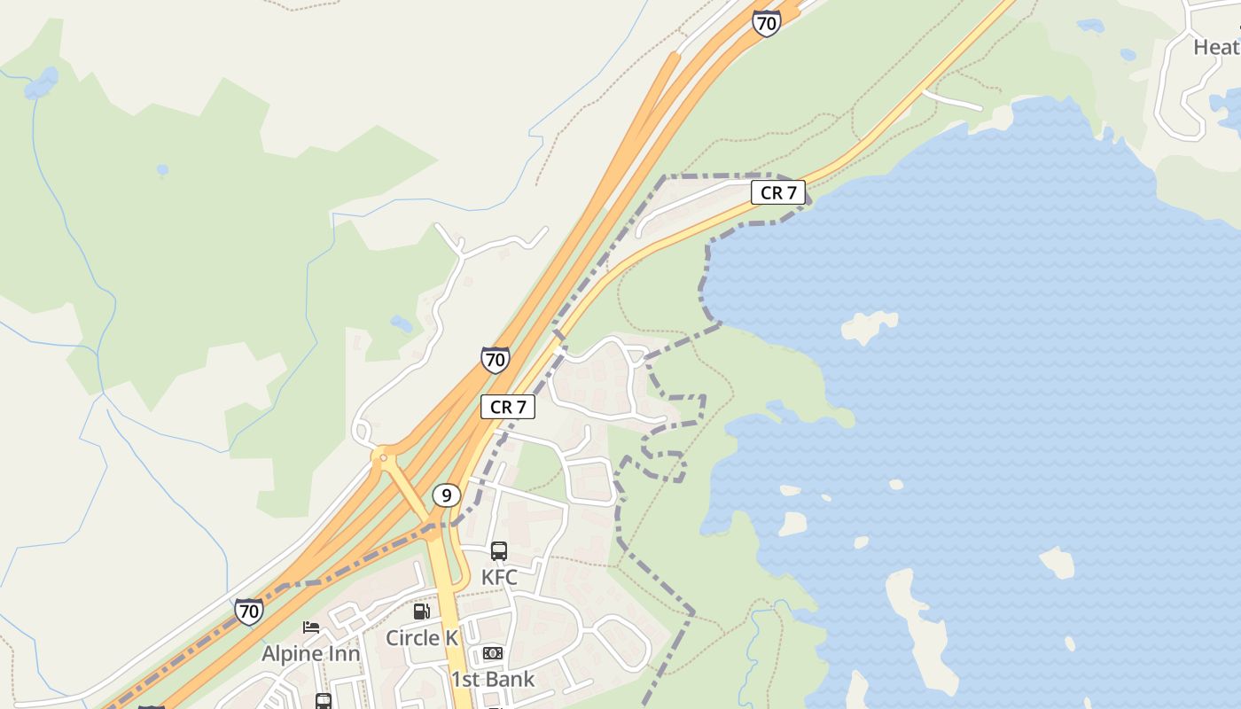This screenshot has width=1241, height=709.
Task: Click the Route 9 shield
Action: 446,495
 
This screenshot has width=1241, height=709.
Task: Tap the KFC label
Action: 499,577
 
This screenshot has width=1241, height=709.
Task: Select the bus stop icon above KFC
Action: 499,551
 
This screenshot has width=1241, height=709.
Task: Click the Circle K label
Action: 422,637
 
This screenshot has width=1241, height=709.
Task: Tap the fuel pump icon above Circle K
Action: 422,611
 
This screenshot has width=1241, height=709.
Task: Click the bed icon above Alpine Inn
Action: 311,627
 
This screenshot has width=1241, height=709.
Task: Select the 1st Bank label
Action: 493,679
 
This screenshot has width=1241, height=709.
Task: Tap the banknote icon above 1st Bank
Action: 493,653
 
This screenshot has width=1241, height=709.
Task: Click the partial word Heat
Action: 1216,47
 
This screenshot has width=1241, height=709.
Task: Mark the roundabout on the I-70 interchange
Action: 384,458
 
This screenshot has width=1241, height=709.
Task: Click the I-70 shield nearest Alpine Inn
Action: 249,612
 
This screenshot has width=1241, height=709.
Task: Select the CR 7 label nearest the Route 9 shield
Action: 508,407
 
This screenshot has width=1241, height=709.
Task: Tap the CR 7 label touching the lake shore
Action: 778,192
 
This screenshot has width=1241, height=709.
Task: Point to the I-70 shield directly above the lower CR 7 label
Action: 496,360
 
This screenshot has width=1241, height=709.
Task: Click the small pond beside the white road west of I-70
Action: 402,324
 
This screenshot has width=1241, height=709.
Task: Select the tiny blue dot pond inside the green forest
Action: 162,168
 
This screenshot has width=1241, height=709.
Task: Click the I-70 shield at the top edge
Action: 766,23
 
